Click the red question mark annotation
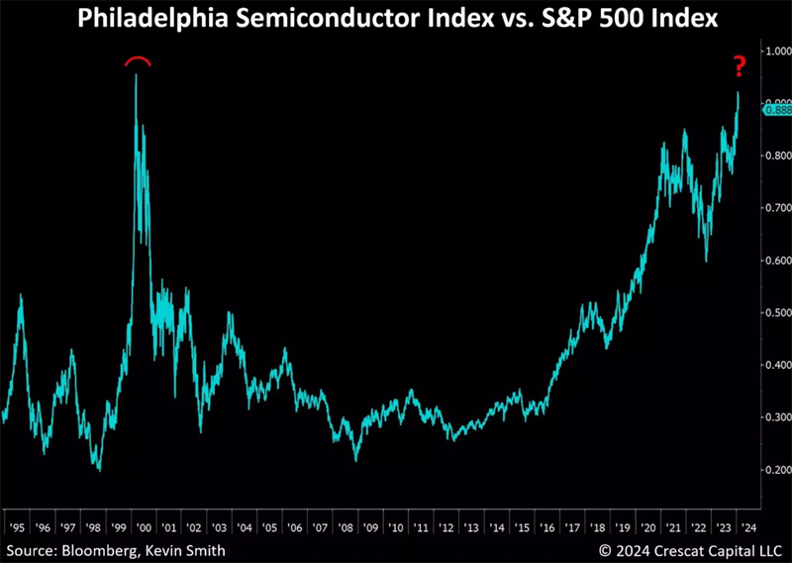[738, 67]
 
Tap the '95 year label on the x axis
[15, 528]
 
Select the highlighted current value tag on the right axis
[775, 110]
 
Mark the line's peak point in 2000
[136, 74]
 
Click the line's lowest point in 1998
[99, 470]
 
